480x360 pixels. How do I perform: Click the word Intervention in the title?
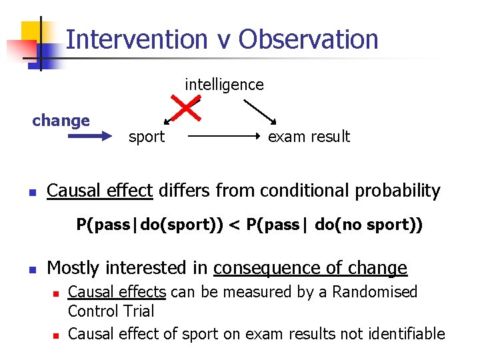pos(137,39)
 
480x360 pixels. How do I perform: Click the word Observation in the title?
pos(309,39)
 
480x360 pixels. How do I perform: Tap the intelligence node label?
pos(224,85)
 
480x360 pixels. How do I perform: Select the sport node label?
pos(146,137)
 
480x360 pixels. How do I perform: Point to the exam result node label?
pos(309,137)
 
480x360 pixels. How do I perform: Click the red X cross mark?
pos(188,109)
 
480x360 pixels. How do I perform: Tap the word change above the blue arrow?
pos(61,121)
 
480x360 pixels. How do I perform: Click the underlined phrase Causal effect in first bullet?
pos(99,191)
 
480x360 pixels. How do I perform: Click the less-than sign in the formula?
pos(235,225)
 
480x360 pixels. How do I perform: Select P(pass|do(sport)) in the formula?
pos(149,225)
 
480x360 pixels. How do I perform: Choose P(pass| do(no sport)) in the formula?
pos(334,225)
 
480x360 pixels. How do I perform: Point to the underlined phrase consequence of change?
pos(310,268)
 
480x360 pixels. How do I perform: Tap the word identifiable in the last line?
pos(407,333)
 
